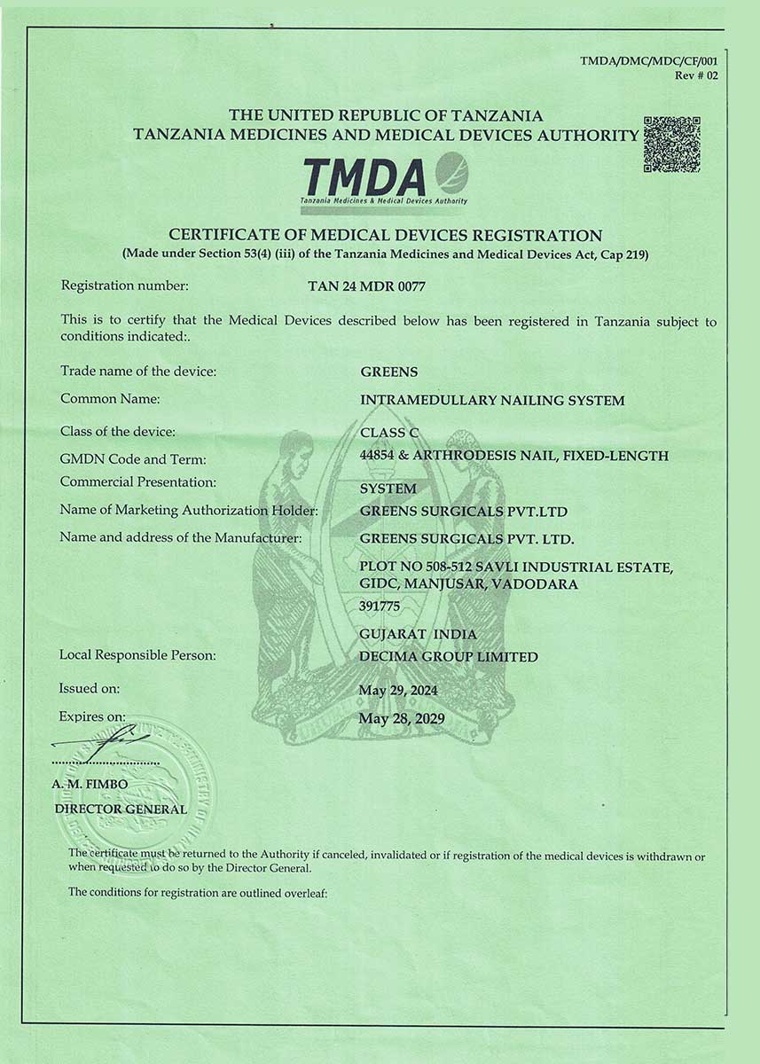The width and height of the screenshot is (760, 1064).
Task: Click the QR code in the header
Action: (x=671, y=144)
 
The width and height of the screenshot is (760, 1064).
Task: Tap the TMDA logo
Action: (x=384, y=178)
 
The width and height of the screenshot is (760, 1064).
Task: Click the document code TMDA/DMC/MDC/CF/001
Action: (x=648, y=61)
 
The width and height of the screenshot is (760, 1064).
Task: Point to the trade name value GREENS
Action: (x=388, y=372)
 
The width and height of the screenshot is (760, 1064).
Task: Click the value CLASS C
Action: (x=388, y=432)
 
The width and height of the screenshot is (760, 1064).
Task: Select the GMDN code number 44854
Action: (x=378, y=456)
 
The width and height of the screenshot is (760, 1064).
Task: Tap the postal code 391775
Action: (x=380, y=606)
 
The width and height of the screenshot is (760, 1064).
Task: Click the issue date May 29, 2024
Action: (x=398, y=690)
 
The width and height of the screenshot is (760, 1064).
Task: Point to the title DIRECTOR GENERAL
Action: (x=121, y=809)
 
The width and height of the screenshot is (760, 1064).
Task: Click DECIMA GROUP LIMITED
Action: (x=449, y=657)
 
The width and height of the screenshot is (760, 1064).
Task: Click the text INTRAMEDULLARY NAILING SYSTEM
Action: (x=492, y=401)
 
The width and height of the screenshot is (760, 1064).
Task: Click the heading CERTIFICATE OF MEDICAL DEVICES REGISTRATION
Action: (x=385, y=236)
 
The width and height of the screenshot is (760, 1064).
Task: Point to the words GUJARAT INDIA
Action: (x=419, y=634)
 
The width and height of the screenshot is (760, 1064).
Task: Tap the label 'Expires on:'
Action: (x=92, y=716)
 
